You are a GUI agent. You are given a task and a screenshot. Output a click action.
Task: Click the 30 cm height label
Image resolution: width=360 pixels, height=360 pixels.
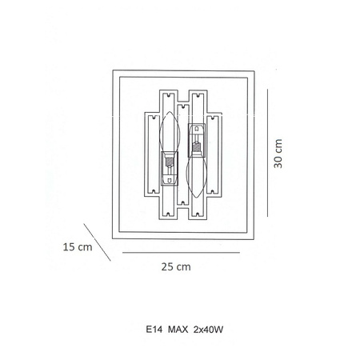[x=278, y=154]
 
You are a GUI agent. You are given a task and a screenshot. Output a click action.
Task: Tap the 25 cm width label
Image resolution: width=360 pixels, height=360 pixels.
[x=176, y=266]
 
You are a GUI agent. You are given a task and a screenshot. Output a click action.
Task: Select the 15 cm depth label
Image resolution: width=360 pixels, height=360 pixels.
[x=78, y=247]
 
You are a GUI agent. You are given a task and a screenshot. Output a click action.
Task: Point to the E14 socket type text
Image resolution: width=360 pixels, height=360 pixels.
[x=154, y=330]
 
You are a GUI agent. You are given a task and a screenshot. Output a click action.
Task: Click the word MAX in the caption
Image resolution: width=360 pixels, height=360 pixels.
[x=178, y=330]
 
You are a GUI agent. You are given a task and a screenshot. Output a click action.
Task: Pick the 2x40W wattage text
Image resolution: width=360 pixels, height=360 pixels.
[x=208, y=330]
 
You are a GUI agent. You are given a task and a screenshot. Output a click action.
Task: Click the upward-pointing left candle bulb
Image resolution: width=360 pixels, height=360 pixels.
[x=170, y=131]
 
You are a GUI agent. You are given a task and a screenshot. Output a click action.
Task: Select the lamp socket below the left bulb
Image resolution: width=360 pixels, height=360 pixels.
[x=170, y=169]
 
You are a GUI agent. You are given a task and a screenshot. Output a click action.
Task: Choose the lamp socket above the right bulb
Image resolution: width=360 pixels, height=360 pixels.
[x=197, y=140]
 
